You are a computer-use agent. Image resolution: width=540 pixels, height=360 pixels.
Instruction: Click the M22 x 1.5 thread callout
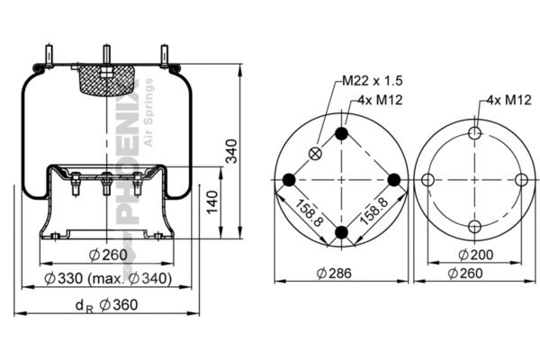373,81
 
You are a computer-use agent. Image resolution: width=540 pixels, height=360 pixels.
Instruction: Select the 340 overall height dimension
231,151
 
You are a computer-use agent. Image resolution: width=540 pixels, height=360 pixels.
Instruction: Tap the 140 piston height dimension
212,202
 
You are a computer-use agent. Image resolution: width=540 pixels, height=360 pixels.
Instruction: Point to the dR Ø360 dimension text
107,305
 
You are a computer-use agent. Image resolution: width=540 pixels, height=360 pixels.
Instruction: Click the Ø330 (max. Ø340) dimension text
108,278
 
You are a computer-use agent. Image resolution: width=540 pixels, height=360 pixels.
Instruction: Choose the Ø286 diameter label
334,274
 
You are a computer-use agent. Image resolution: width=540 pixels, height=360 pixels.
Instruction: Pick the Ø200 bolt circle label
475,255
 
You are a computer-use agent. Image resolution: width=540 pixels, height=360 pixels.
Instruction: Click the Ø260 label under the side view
108,255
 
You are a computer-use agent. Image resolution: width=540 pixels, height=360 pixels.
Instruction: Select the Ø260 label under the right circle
465,274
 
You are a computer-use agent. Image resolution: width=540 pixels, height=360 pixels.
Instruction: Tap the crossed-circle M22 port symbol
315,153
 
